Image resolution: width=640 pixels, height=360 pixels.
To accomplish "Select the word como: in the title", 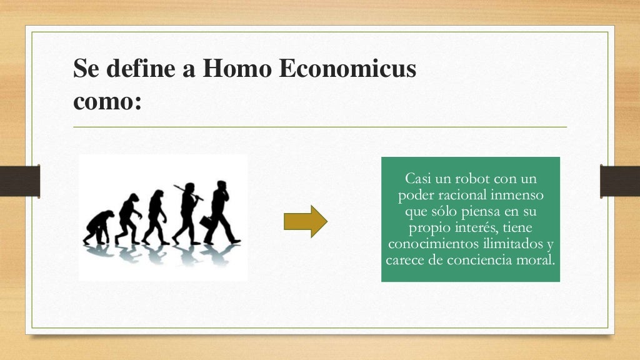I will [x=107, y=102].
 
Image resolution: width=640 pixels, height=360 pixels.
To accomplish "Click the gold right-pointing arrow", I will [x=306, y=221].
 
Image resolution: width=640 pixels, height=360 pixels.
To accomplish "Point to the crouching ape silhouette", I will [x=99, y=226].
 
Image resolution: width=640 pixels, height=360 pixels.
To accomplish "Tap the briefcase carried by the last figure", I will [x=207, y=222].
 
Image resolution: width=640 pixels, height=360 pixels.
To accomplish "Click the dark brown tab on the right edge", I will [x=620, y=181].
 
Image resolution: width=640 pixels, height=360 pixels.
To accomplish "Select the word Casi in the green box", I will [x=417, y=179].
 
